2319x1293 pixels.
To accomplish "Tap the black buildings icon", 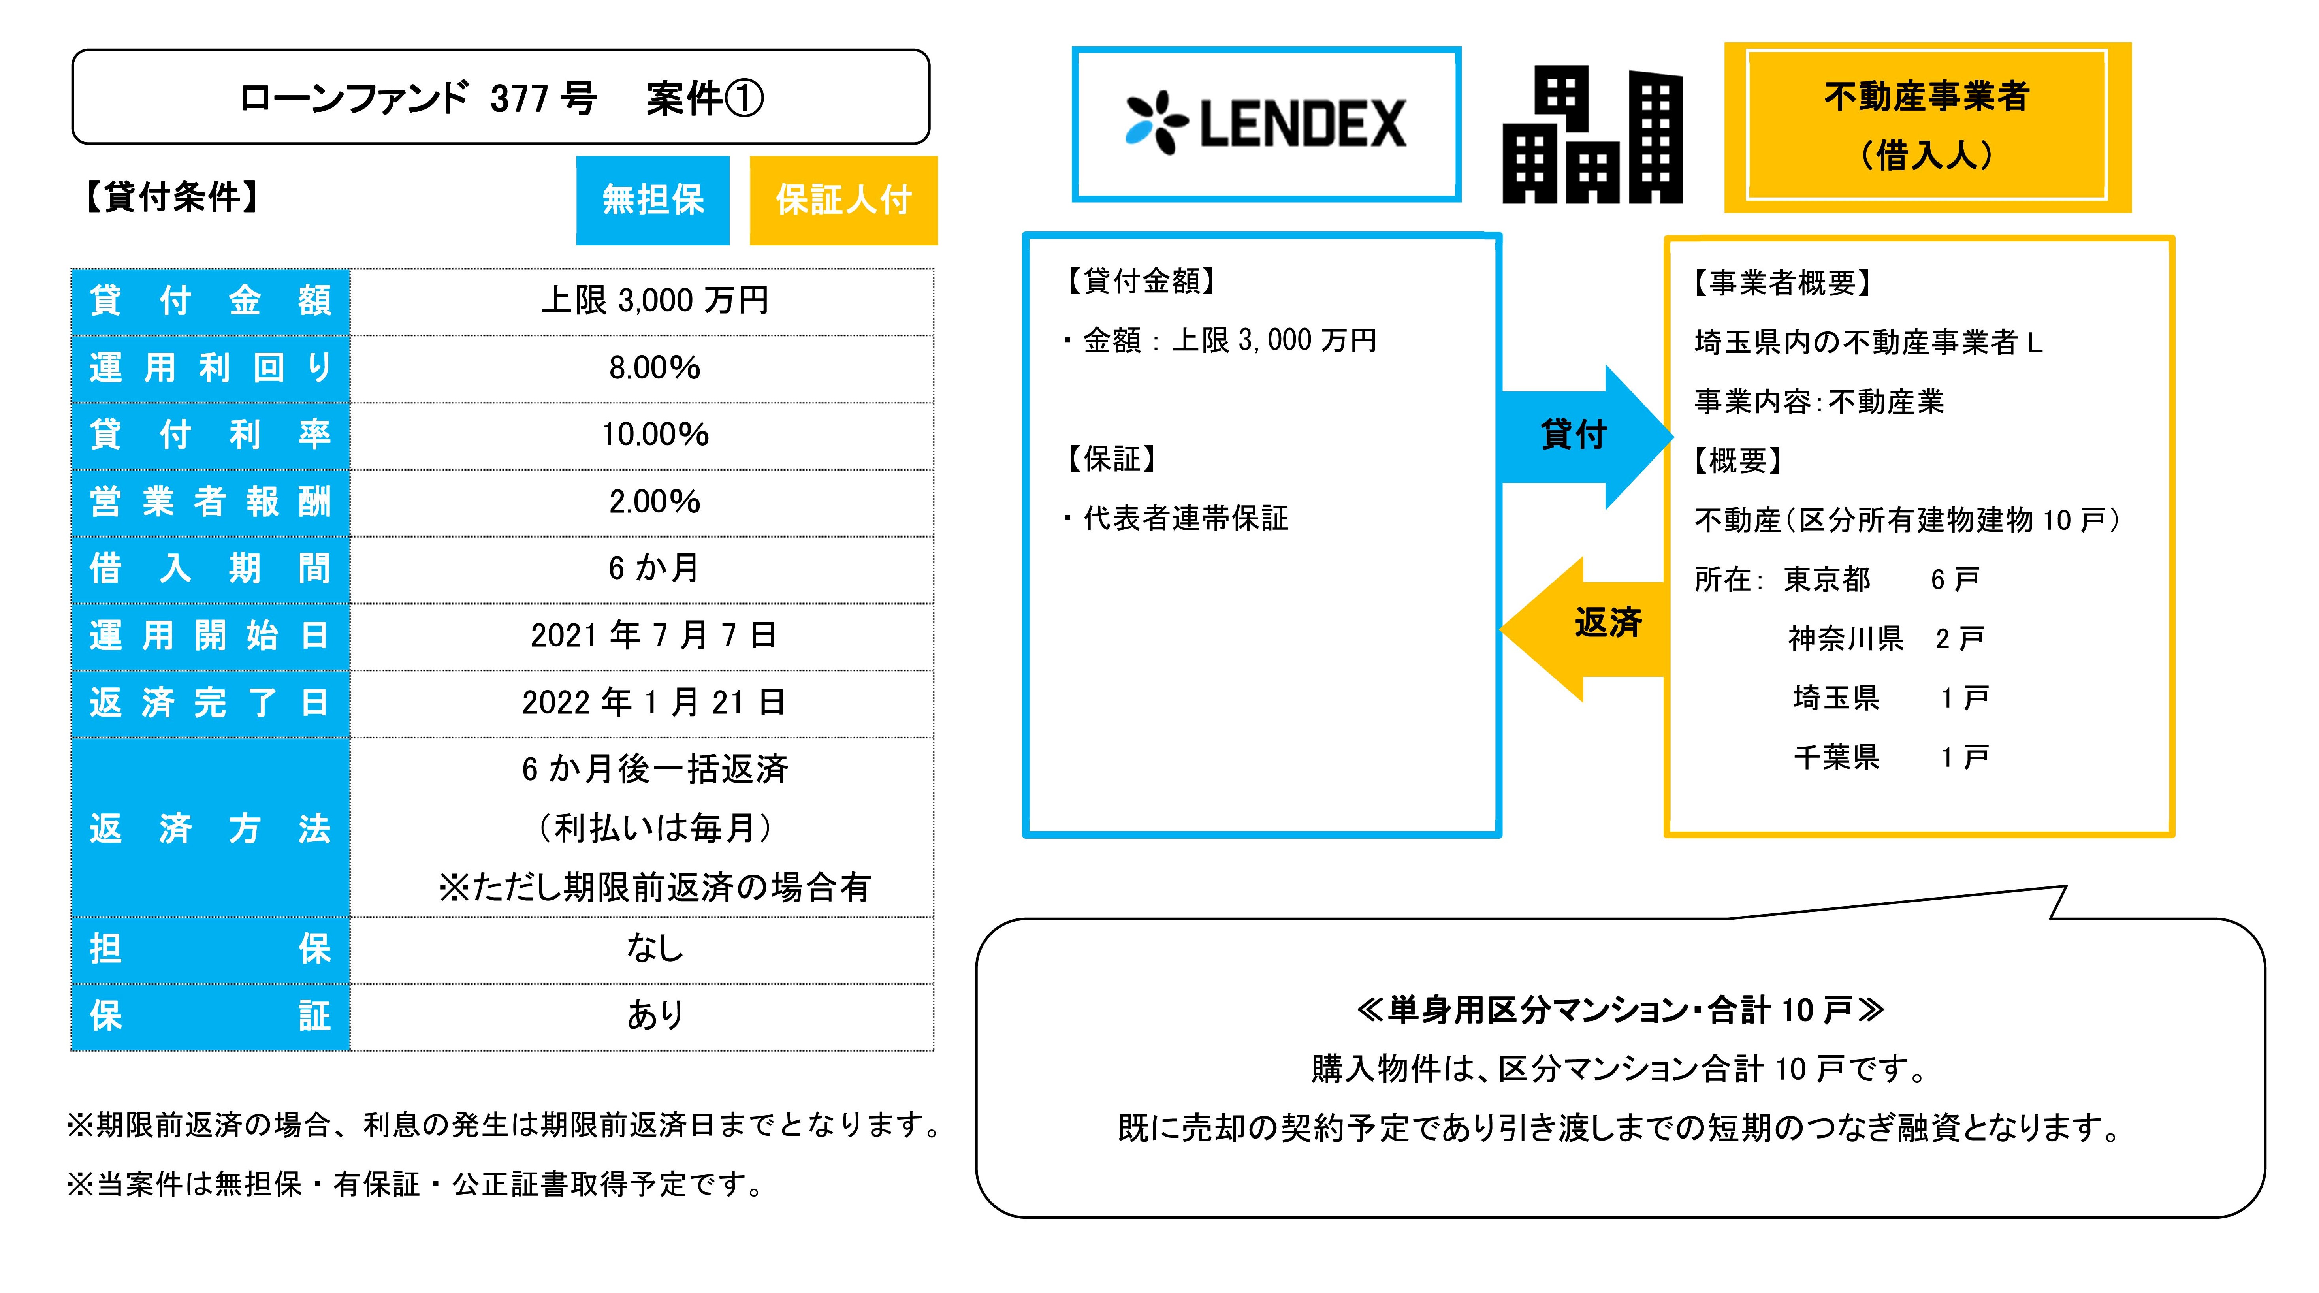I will coord(1592,135).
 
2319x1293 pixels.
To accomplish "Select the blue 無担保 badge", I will coord(653,200).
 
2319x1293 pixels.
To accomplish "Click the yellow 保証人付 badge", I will coord(843,200).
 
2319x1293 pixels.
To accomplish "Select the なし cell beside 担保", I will coord(655,948).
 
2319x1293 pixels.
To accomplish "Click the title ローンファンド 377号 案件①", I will coord(501,97).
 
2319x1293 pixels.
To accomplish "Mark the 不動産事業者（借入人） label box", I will coord(1926,126).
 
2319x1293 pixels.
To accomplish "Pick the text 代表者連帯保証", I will coord(1185,519).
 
